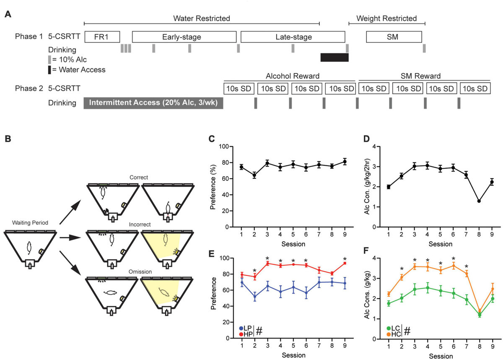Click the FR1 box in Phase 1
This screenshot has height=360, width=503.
tap(102, 37)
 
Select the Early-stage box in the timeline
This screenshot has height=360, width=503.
tap(184, 37)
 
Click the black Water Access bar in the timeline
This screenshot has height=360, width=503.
tap(334, 57)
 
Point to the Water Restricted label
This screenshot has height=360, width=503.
tap(202, 18)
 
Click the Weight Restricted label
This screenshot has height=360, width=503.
tap(386, 18)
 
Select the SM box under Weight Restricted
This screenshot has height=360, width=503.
tap(394, 37)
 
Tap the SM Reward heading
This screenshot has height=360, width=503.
tap(424, 76)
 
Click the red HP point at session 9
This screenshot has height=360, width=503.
tap(345, 263)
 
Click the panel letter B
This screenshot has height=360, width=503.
tap(8, 138)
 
